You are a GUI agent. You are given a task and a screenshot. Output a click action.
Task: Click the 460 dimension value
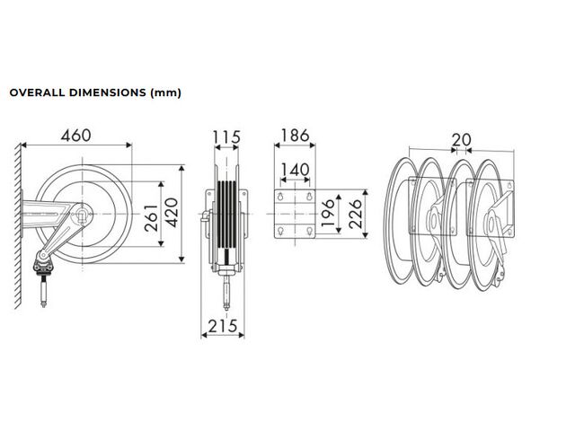(x=75, y=136)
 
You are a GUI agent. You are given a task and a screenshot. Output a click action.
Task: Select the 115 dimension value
(x=226, y=137)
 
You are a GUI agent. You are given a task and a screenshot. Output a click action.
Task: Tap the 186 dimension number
(x=295, y=136)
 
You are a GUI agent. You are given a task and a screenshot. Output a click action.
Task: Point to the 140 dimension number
(x=295, y=170)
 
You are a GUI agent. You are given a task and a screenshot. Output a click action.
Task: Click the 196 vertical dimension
(x=328, y=213)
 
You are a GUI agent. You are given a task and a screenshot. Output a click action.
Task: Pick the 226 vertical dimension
(x=356, y=214)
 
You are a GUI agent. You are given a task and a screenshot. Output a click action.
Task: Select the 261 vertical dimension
(x=151, y=218)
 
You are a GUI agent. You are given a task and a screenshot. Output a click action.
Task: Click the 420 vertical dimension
(x=171, y=213)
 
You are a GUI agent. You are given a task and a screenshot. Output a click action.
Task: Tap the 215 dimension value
(x=223, y=326)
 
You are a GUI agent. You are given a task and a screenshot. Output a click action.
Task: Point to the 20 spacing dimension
(x=461, y=140)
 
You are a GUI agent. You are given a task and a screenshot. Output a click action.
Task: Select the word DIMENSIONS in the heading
(x=108, y=92)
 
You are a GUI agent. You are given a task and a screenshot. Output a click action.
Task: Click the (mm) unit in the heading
(x=165, y=92)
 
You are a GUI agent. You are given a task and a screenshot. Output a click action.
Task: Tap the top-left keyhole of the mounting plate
(x=280, y=196)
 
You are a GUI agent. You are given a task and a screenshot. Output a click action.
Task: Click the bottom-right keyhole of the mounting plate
(x=309, y=231)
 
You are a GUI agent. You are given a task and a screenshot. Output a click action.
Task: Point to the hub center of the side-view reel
(x=82, y=214)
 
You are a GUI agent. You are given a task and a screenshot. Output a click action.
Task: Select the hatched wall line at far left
(x=18, y=226)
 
